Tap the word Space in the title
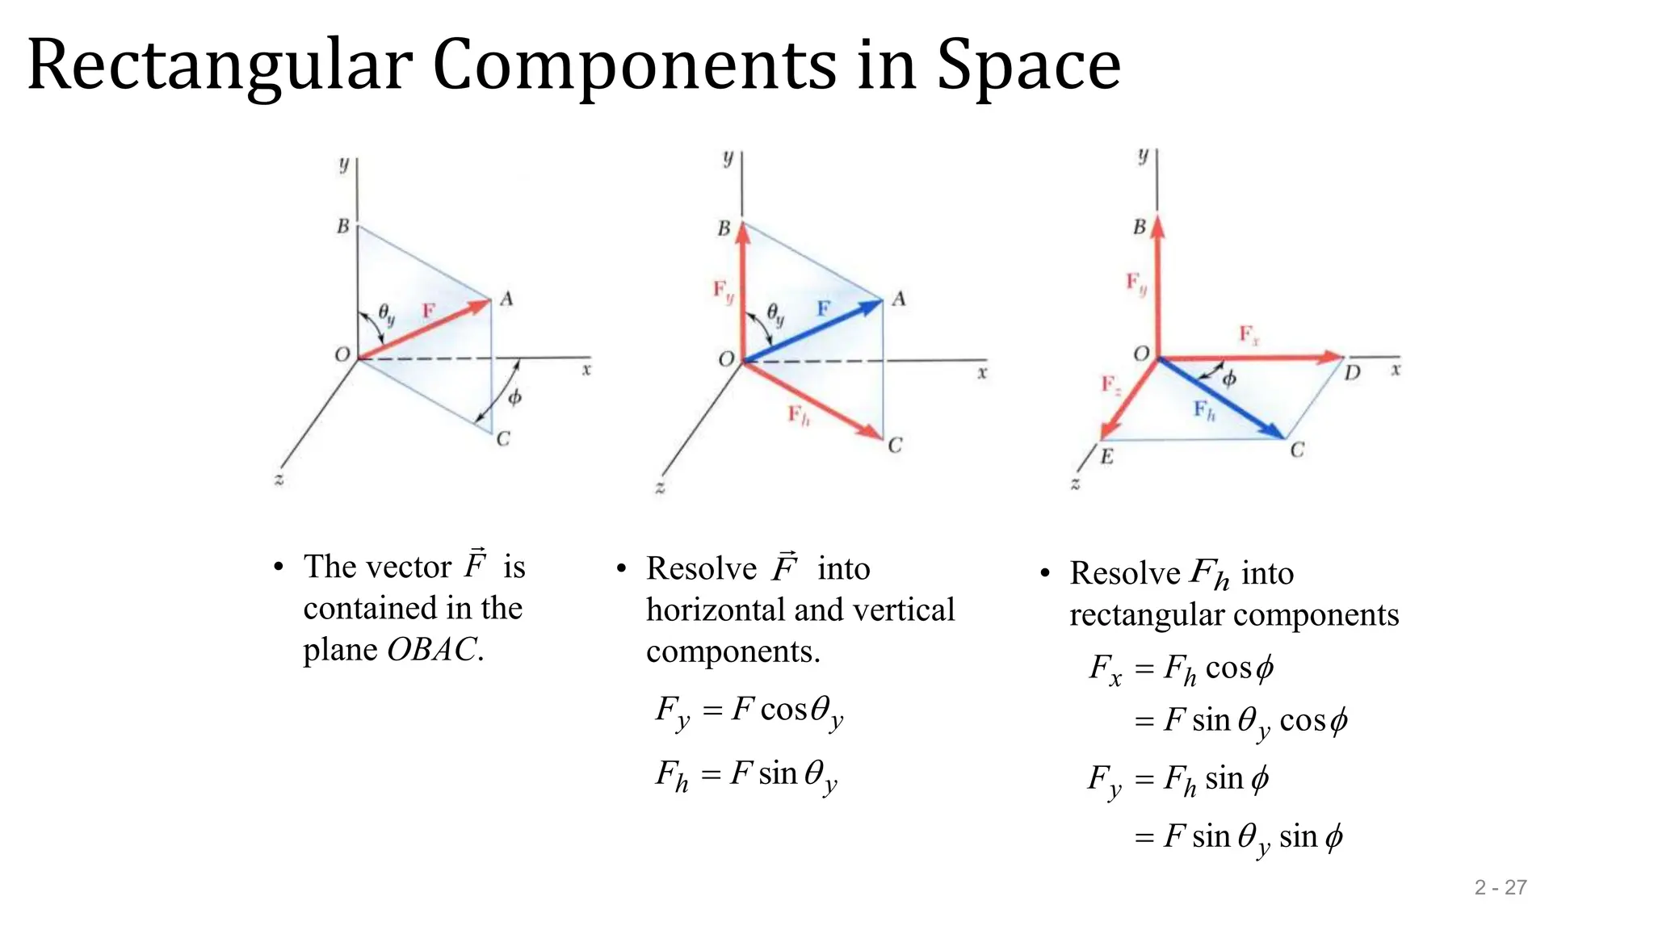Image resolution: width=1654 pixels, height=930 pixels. point(1028,66)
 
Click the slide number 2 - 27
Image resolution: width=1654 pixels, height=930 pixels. point(1500,887)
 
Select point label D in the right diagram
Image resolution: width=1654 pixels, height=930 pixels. point(1353,373)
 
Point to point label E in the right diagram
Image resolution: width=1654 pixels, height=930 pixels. point(1106,457)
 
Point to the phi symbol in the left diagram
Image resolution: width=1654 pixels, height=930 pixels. point(514,397)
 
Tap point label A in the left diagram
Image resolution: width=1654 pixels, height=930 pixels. point(506,300)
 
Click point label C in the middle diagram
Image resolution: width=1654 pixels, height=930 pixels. point(895,446)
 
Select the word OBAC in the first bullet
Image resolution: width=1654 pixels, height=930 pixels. point(431,650)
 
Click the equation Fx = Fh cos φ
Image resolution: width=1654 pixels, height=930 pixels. point(1181,669)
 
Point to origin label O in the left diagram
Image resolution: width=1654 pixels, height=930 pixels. point(342,354)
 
